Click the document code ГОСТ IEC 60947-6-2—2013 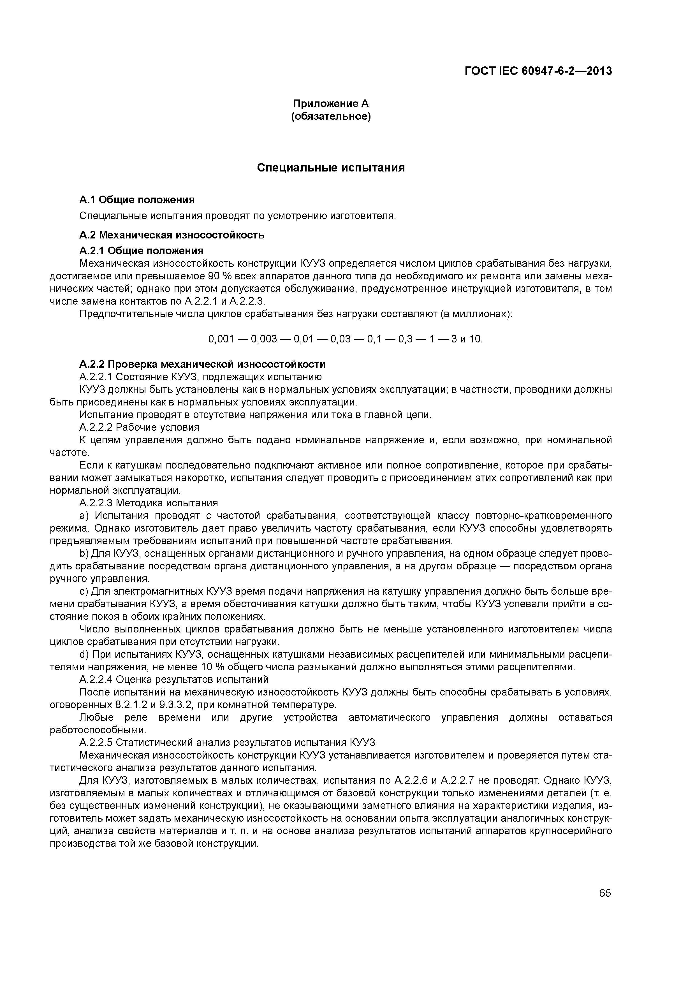(x=538, y=71)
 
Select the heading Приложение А (x=331, y=104)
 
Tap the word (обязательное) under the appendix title (x=331, y=116)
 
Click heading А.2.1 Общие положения (x=141, y=250)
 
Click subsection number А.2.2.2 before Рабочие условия (x=96, y=427)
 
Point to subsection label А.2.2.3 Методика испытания (x=149, y=503)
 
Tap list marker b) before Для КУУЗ (x=84, y=554)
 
